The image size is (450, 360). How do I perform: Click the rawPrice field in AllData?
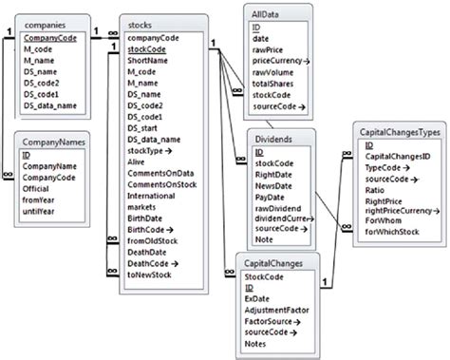(272, 48)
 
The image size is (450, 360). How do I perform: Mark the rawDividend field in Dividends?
(279, 209)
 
